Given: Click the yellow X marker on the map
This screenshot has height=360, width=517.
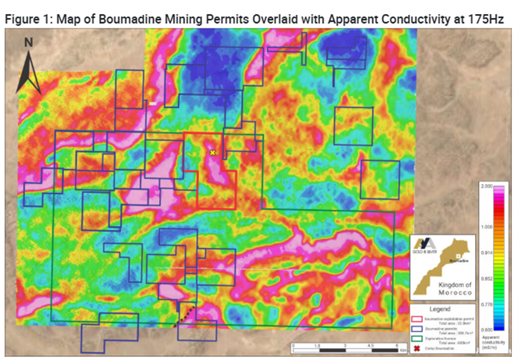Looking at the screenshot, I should pos(213,152).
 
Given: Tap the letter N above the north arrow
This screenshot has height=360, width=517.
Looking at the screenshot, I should pos(28,42).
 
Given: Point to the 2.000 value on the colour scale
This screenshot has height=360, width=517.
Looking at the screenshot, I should pos(486,186).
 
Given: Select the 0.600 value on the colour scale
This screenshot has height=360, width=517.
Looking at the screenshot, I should pos(486,329).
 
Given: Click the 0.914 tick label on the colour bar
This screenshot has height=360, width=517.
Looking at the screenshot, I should pos(486,253).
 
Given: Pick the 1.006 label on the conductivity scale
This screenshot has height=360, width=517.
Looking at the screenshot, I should pos(486,227).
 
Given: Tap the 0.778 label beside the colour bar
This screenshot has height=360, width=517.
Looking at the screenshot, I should pos(486,304).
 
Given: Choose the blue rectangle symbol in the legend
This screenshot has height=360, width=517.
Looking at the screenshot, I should pos(418,327).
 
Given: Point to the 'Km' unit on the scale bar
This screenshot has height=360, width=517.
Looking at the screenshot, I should pos(404,349).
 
